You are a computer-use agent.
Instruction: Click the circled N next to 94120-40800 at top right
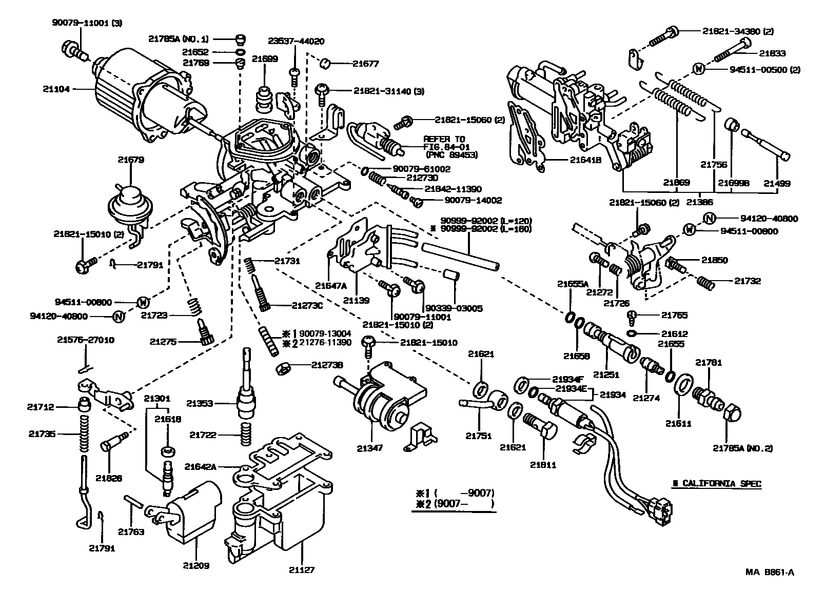(x=709, y=219)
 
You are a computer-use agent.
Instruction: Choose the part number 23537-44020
(x=296, y=41)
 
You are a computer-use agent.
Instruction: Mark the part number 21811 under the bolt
(x=543, y=465)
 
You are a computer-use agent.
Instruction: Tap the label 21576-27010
(x=86, y=340)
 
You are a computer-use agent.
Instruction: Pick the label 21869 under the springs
(x=676, y=182)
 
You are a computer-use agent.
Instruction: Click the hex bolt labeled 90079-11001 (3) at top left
(x=73, y=50)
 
